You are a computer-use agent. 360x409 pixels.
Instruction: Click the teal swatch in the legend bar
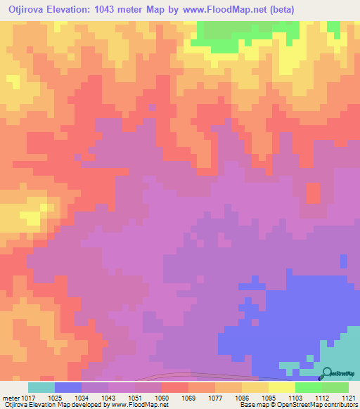[41, 387]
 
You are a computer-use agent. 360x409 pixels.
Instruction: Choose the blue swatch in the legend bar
[68, 387]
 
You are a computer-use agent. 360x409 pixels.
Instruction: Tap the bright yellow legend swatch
[282, 387]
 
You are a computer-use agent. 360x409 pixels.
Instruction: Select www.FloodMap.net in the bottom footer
[135, 405]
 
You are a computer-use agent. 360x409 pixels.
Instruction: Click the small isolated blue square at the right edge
[343, 261]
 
